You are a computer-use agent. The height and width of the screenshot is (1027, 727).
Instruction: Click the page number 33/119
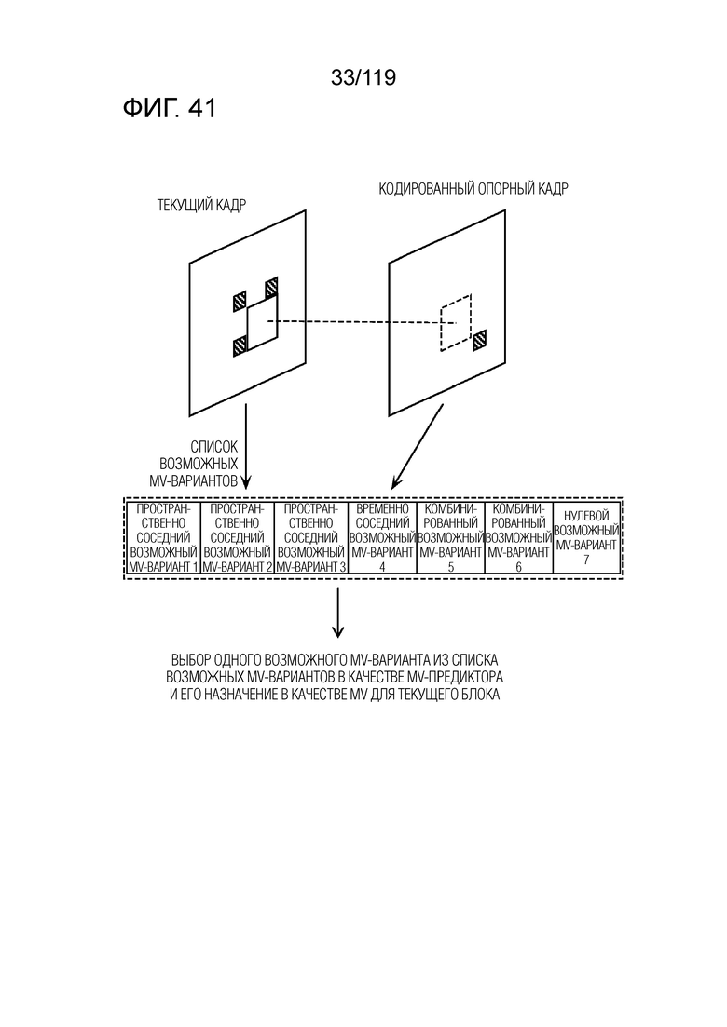(363, 78)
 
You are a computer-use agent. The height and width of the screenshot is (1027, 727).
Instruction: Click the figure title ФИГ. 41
(169, 109)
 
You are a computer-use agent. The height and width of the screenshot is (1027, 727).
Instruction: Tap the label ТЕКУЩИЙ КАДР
(202, 205)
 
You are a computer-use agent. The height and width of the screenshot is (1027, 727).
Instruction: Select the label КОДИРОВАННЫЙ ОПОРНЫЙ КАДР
(473, 189)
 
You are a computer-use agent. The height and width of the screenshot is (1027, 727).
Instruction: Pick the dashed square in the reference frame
(456, 322)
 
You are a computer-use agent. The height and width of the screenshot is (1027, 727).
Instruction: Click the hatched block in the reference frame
(481, 339)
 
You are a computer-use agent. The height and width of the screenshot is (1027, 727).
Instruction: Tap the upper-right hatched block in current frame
(271, 287)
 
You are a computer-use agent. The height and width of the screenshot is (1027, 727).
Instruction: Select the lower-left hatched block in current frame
(240, 345)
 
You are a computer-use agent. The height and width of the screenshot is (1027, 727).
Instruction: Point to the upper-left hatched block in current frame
(240, 301)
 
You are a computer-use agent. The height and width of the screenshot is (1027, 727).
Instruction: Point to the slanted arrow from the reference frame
(418, 447)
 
